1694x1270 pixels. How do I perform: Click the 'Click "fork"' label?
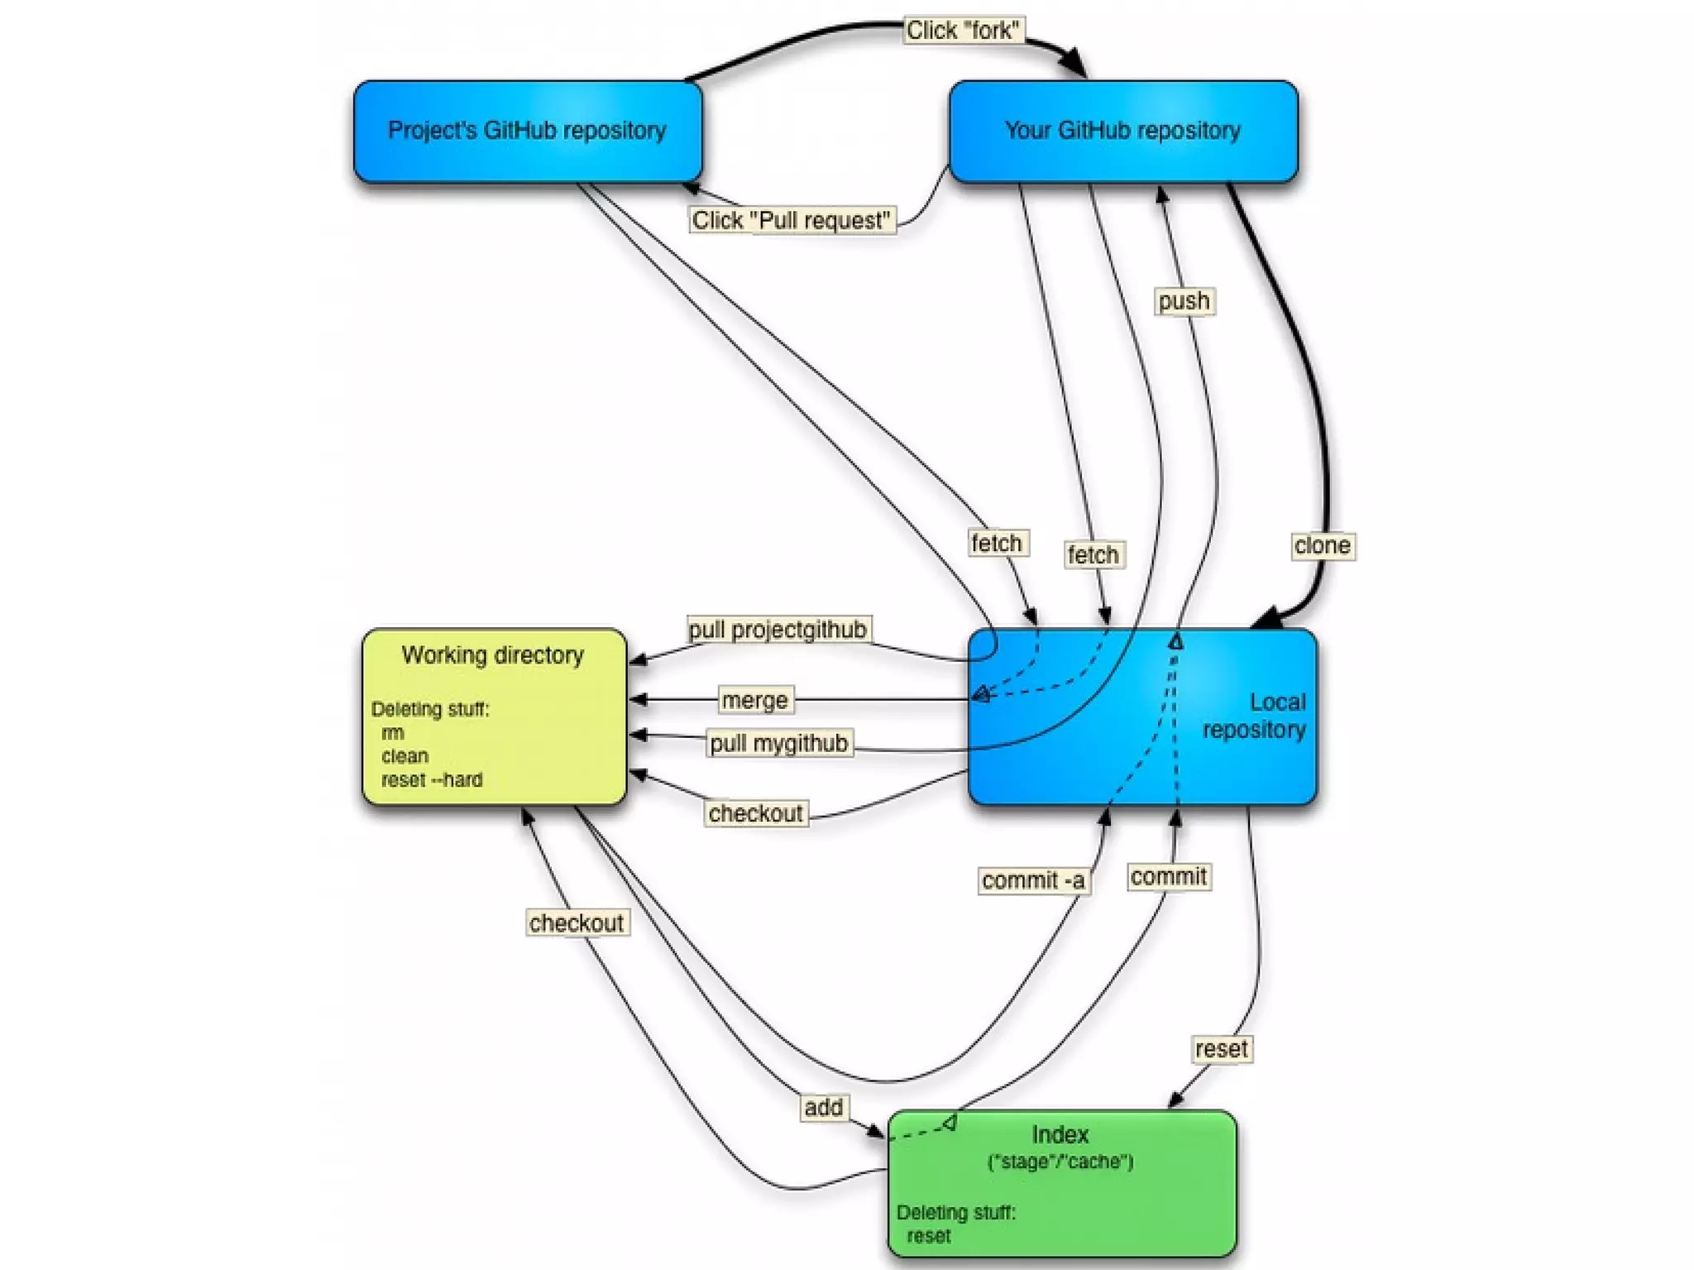pos(963,31)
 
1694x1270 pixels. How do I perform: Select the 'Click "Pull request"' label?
pos(792,220)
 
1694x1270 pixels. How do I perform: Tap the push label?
pos(1184,300)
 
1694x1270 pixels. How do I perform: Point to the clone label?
pos(1322,545)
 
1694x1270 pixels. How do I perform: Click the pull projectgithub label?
pos(778,630)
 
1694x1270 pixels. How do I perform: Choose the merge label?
pos(754,700)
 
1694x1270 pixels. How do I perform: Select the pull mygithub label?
pos(779,743)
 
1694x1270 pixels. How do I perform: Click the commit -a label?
pos(1033,880)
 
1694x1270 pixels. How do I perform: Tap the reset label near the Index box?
pos(1221,1049)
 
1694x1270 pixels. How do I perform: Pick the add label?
pos(823,1107)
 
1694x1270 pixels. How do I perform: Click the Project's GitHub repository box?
pos(527,131)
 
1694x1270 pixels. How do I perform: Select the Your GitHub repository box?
pos(1122,131)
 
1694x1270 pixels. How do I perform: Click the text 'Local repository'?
pos(1254,716)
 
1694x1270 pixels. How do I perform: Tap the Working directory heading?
pos(493,655)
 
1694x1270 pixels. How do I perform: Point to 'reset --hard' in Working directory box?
pos(432,779)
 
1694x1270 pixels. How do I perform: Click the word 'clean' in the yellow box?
pos(404,756)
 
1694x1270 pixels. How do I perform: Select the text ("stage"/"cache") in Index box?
pos(1060,1162)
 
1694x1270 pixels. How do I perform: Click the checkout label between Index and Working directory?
pos(577,923)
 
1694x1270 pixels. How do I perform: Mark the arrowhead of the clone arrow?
pos(1266,619)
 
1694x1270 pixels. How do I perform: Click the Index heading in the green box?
pos(1060,1134)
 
